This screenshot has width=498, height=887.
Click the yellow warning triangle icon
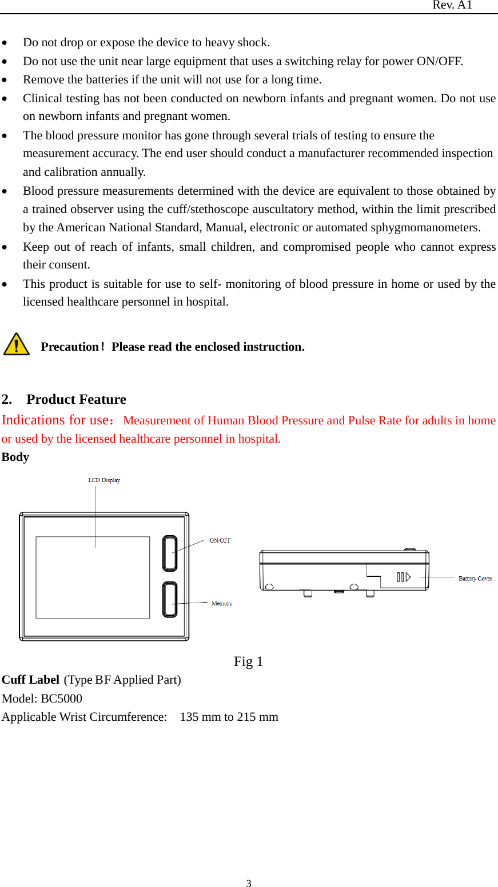[17, 345]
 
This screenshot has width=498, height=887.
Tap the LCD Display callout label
[104, 480]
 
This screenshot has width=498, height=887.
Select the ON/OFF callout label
[220, 540]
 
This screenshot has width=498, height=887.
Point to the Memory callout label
[221, 604]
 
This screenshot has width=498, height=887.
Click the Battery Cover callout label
[475, 579]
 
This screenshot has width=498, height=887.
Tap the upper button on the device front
[170, 553]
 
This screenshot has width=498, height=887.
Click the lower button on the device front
[170, 600]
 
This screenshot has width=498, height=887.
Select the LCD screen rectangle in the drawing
[93, 577]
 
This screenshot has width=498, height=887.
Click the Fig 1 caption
[248, 662]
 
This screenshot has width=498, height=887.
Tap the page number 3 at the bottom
[249, 884]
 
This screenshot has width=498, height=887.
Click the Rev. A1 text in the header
[452, 5]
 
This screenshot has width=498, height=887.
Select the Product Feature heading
[76, 399]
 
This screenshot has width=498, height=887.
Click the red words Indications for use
[54, 420]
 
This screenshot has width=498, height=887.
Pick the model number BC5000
[61, 699]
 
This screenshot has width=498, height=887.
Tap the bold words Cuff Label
[30, 680]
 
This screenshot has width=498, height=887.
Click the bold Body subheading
[15, 457]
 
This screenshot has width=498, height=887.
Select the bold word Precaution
[70, 347]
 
